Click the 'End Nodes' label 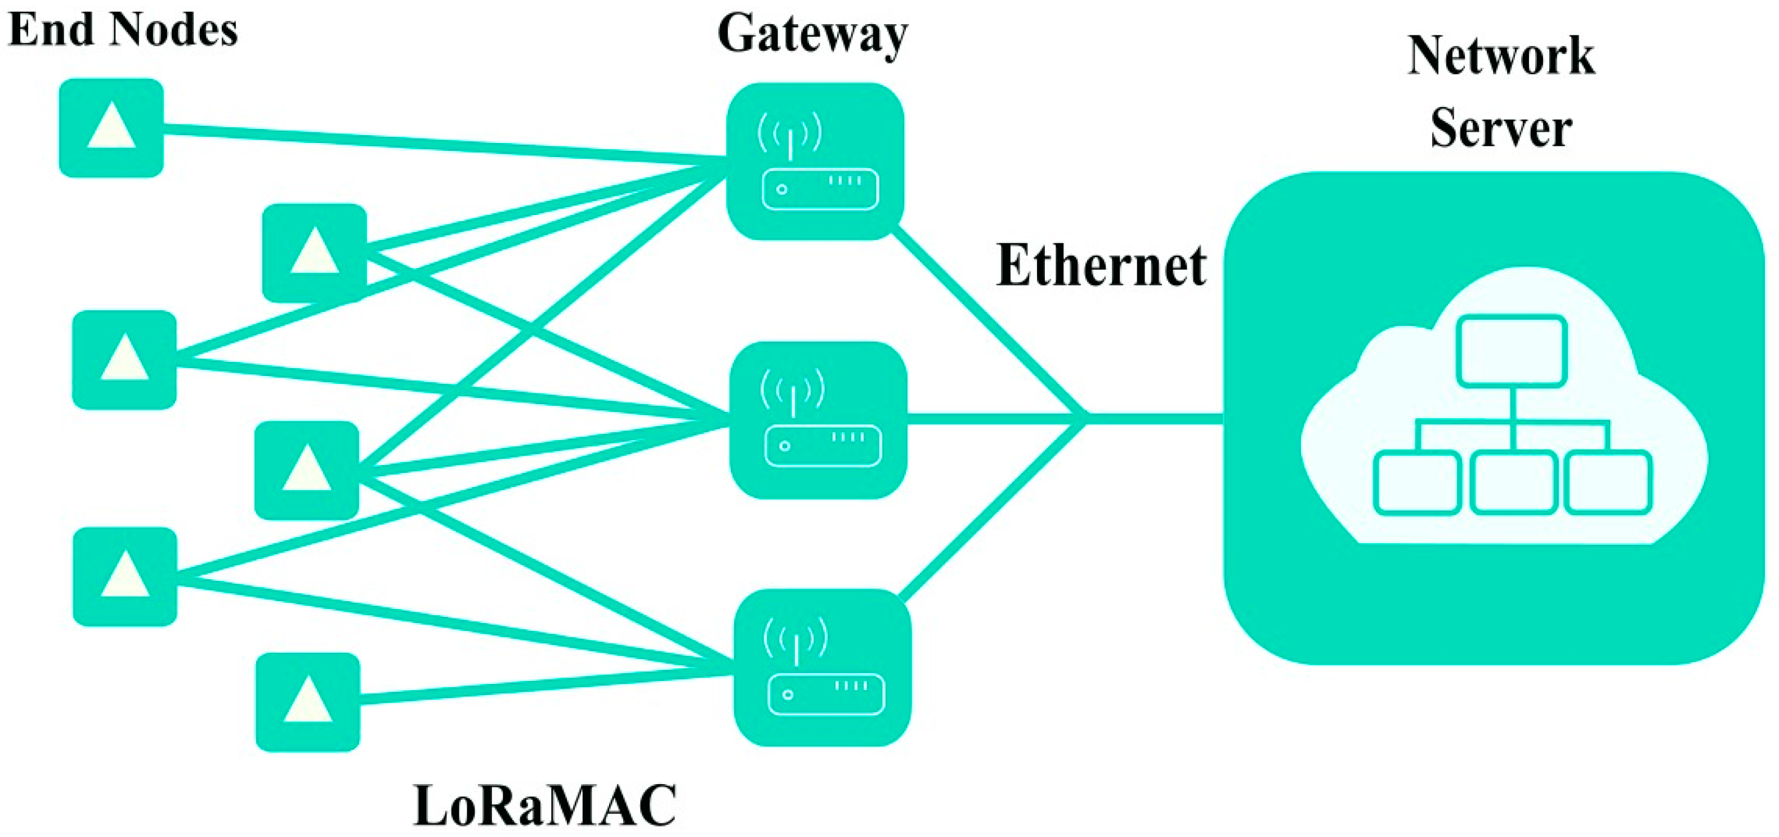[123, 30]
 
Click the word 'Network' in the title [1501, 57]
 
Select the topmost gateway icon [816, 162]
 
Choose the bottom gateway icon [823, 667]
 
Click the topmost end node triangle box [111, 128]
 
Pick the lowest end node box [307, 702]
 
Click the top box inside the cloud [1511, 351]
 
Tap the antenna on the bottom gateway [795, 642]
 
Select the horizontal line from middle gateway [994, 418]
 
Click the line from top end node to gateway [442, 145]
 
